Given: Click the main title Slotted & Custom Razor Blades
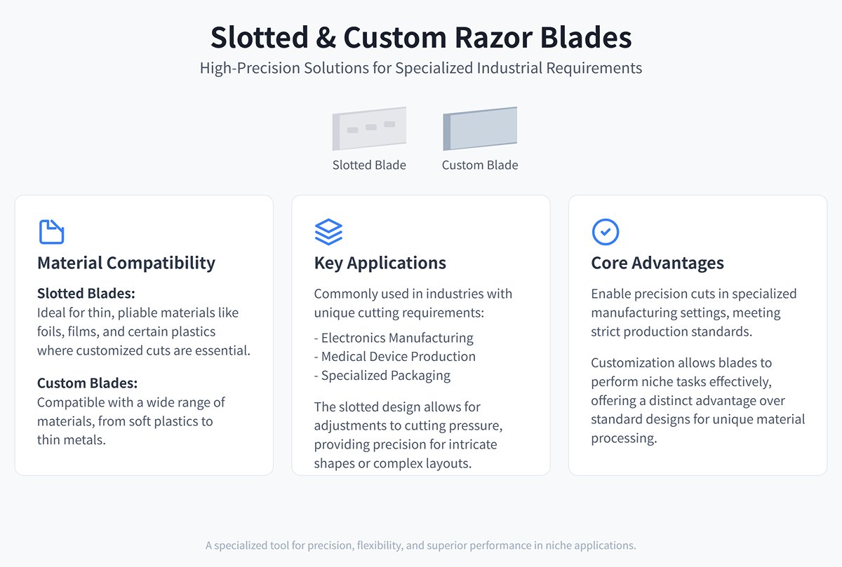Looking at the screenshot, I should point(421,37).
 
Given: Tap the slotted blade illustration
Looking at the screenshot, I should point(369,128).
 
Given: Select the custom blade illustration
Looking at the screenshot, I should point(480,128).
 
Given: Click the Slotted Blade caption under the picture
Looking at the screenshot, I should point(369,165).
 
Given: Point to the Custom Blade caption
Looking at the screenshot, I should point(480,165).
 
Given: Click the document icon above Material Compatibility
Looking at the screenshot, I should point(51,232).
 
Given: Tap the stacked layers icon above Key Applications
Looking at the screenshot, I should point(328,232).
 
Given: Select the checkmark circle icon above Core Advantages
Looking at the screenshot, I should point(606,232).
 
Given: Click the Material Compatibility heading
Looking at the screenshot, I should point(126,264).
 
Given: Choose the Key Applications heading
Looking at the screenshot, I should point(380,264).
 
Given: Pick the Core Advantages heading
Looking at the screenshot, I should point(657,264).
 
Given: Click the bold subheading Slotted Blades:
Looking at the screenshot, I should point(86,294).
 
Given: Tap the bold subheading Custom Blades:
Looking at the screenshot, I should point(88,383).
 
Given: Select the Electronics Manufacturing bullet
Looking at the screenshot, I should point(394,338).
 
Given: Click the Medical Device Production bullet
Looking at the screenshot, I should point(395,357).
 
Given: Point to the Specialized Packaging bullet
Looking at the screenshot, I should point(382,376).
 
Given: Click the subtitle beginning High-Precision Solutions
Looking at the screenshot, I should point(421,69).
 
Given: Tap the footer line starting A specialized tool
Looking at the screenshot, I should point(421,545).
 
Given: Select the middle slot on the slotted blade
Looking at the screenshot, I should point(371,128).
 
